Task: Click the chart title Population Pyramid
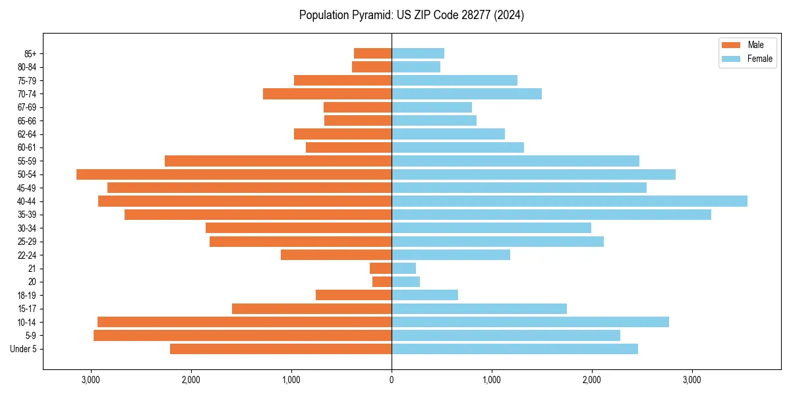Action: pos(411,15)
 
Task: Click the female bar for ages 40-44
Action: pos(570,201)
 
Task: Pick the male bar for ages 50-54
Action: pos(234,174)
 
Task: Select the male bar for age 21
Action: pos(381,268)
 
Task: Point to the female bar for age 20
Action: pos(405,282)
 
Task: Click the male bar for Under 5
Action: pos(281,349)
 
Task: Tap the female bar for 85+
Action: pos(418,53)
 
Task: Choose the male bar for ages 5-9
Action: pos(243,335)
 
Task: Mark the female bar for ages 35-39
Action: pos(551,215)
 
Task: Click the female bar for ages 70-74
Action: pos(467,93)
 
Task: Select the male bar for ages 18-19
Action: pos(354,295)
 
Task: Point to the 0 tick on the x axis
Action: pos(392,380)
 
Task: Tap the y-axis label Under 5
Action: pos(24,349)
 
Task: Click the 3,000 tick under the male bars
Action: pos(91,380)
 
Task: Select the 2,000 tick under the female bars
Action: pos(592,380)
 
